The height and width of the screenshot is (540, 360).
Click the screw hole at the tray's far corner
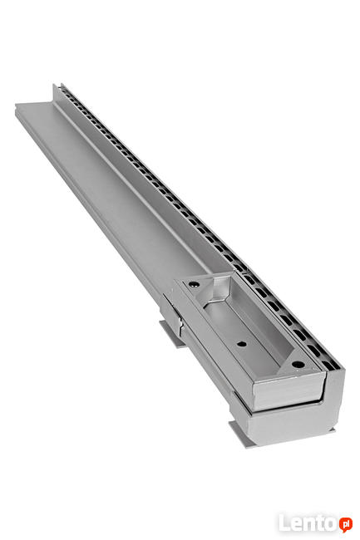(x=194, y=284)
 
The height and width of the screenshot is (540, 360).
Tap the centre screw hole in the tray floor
(x=242, y=344)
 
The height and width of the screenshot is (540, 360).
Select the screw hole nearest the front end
(x=298, y=365)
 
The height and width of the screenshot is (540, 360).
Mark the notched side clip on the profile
(x=171, y=314)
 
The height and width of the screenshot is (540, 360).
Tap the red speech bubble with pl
(x=345, y=524)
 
